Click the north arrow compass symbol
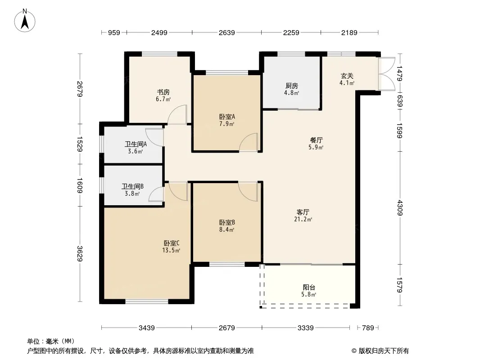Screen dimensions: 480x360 25,21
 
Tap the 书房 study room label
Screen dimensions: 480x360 163,92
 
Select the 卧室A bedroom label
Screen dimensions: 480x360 227,117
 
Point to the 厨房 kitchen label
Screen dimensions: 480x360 291,86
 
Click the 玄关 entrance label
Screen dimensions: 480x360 347,76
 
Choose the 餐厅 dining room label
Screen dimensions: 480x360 316,140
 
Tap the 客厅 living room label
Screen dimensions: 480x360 303,212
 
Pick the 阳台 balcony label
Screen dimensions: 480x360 309,288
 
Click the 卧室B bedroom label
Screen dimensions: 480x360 227,223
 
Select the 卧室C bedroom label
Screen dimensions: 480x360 172,243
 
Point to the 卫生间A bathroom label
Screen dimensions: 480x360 136,144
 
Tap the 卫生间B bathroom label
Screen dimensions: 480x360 132,187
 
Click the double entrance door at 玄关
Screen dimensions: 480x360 386,74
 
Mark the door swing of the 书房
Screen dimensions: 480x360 177,114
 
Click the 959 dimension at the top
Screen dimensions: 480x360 114,32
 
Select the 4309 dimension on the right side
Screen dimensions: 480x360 399,208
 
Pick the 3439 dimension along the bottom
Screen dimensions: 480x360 147,328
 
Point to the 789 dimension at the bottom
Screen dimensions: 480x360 368,328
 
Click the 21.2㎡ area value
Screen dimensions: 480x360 303,219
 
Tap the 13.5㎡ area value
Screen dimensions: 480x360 171,251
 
